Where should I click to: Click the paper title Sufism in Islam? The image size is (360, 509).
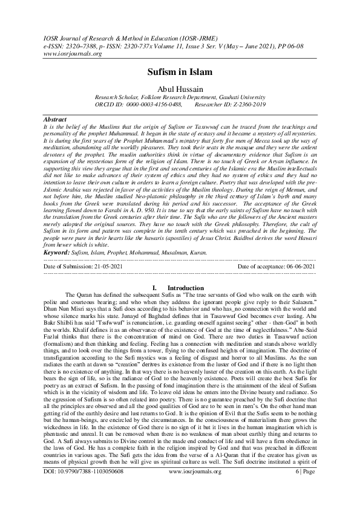tap(180, 73)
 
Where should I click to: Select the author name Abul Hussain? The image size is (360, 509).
tap(180, 89)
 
